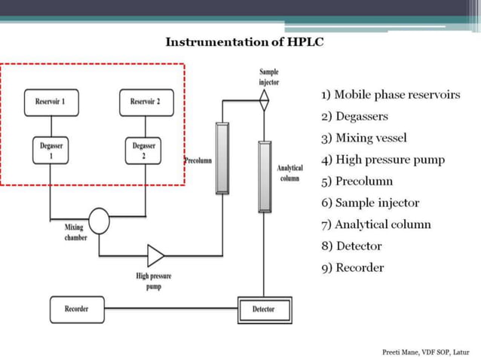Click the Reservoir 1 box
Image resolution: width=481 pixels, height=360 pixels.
(51, 102)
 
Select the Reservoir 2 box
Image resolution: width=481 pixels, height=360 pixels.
(146, 102)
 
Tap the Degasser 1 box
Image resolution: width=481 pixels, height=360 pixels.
(51, 150)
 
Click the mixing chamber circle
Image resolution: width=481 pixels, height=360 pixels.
(98, 221)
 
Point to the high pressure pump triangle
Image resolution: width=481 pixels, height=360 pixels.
(155, 255)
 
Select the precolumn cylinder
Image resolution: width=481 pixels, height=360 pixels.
(222, 157)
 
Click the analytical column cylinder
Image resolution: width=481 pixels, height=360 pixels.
(264, 176)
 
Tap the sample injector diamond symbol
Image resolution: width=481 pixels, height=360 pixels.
(264, 99)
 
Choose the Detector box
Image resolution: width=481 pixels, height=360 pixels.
(264, 310)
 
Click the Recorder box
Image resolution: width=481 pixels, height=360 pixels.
(76, 309)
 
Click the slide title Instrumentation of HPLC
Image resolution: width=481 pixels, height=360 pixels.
(244, 41)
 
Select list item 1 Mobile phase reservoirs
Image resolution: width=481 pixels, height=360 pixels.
(390, 95)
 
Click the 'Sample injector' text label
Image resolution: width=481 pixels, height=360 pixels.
(268, 76)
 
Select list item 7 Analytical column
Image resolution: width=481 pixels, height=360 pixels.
(375, 224)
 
